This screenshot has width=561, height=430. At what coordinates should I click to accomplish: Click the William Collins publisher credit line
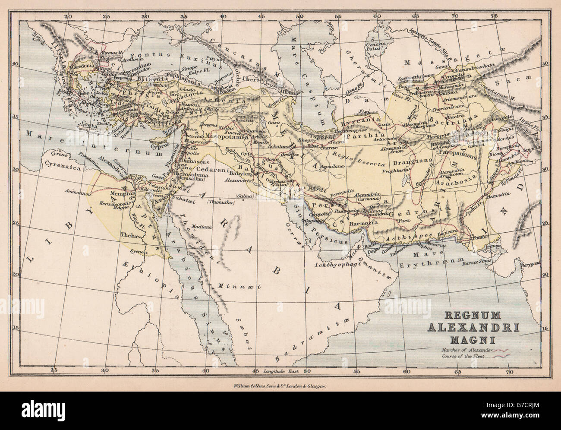tap(280, 387)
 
